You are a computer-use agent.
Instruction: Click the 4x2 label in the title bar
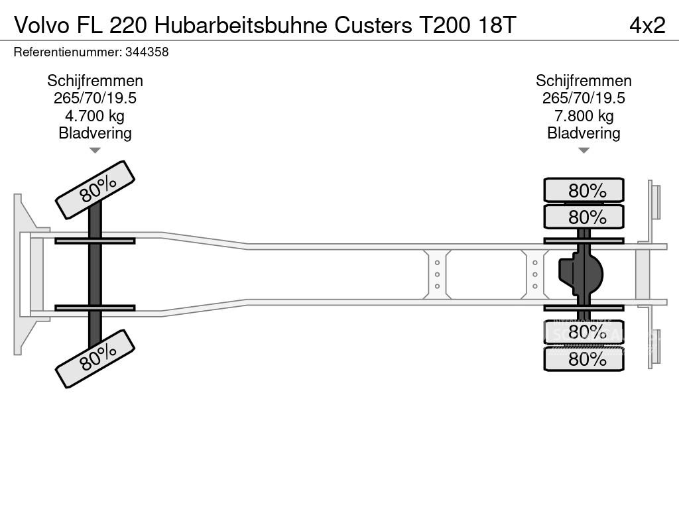coord(647,25)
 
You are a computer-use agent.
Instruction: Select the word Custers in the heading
coord(373,25)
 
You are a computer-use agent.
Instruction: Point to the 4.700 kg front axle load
coord(95,116)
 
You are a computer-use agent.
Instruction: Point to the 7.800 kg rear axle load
coord(584,116)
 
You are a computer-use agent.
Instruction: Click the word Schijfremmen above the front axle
coord(95,81)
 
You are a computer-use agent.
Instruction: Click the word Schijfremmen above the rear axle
coord(584,81)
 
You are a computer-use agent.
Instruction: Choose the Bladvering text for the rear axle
coord(584,133)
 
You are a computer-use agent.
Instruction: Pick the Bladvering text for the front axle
coord(95,133)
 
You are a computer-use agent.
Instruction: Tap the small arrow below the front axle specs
coord(95,150)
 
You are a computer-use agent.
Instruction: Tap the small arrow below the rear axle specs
coord(584,150)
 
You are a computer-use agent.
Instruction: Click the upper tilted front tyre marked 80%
coord(95,190)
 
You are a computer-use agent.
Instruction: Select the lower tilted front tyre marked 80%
coord(95,359)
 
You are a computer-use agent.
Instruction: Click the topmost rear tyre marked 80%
coord(584,190)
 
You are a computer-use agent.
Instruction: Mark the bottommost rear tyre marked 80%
coord(584,359)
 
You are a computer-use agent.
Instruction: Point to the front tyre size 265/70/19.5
coord(95,98)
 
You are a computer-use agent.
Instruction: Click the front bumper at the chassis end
coord(23,274)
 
